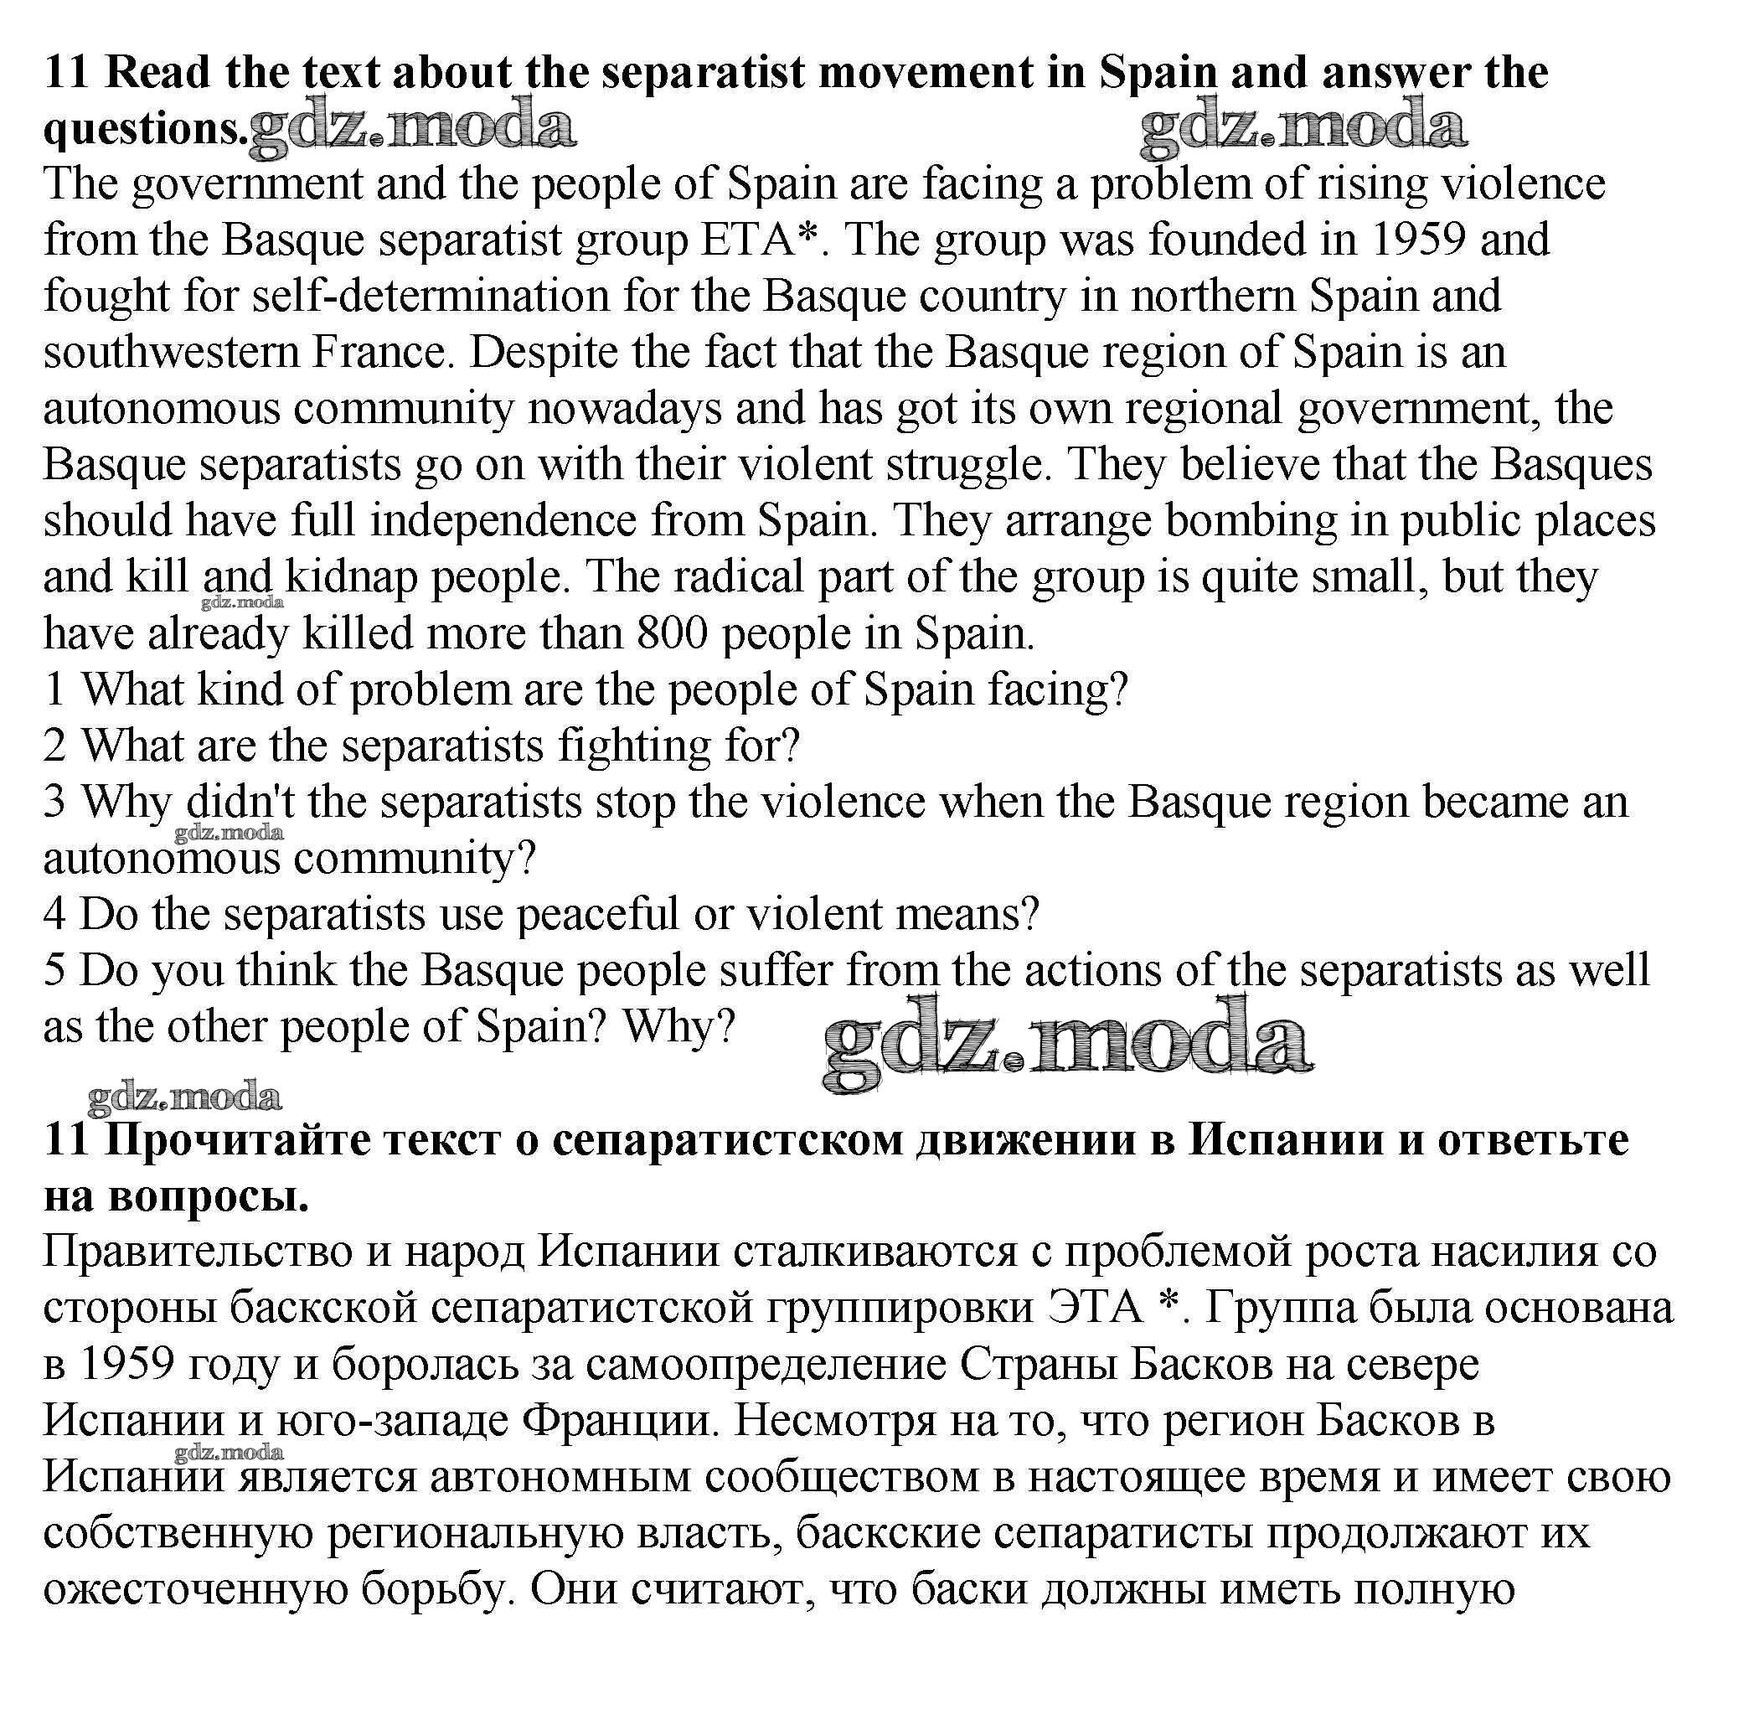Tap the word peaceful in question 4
[597, 914]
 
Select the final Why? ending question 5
[678, 1027]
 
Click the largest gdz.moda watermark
[1067, 1044]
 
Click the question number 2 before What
[54, 746]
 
